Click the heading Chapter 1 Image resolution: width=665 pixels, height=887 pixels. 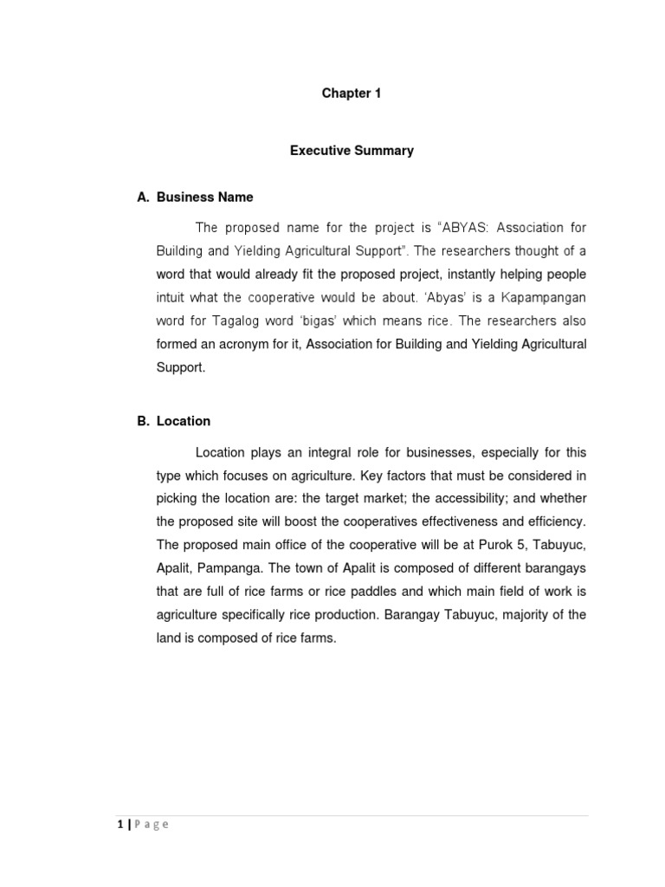pos(351,94)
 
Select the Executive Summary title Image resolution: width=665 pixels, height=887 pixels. pos(352,151)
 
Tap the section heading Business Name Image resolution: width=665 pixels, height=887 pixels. pos(205,197)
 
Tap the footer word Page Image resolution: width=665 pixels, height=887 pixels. pos(151,825)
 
